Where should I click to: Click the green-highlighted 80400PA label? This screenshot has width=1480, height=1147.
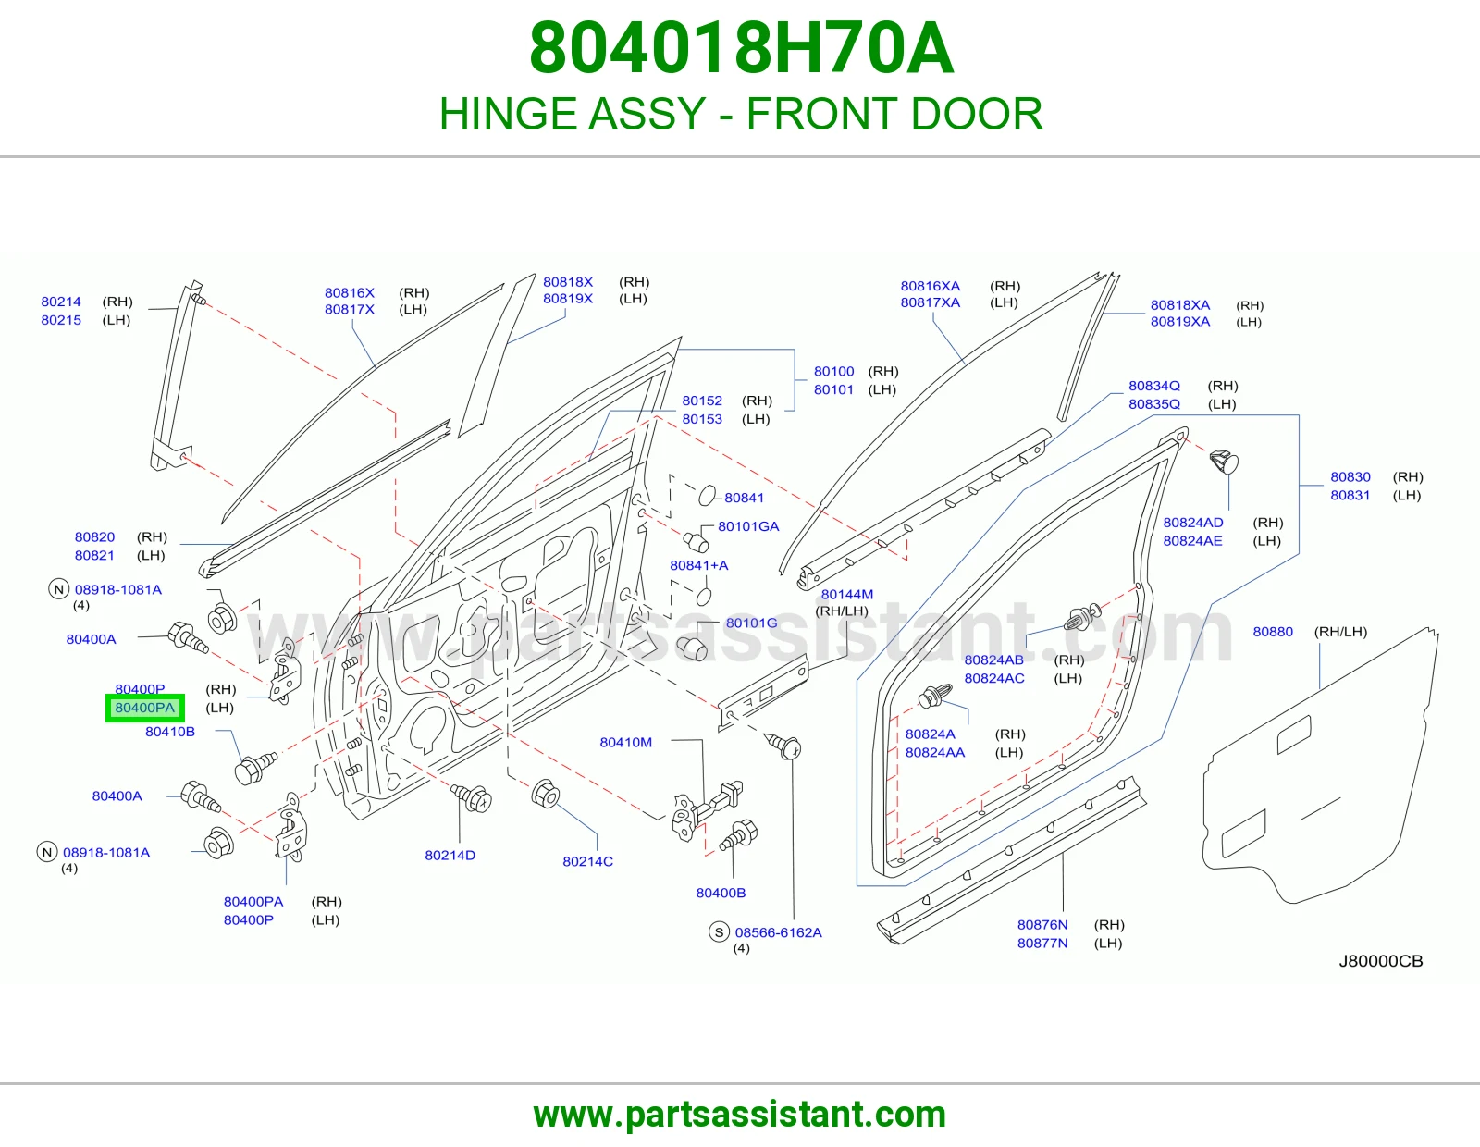click(x=145, y=708)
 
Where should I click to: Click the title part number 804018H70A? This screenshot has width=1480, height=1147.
click(x=741, y=48)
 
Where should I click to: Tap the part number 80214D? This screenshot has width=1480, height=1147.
click(x=450, y=855)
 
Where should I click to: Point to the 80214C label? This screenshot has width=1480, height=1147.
click(x=587, y=861)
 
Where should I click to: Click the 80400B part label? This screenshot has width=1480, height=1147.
click(x=721, y=893)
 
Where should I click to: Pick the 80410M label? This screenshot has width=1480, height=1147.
click(x=626, y=742)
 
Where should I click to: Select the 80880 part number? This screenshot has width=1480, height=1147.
click(x=1273, y=632)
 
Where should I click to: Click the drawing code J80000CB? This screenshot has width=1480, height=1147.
click(x=1380, y=960)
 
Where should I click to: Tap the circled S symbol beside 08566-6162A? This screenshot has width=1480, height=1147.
click(x=720, y=931)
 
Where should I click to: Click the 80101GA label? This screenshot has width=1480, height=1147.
click(x=748, y=525)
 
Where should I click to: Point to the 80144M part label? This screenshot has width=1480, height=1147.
click(x=846, y=594)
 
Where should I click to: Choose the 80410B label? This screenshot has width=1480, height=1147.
click(x=170, y=731)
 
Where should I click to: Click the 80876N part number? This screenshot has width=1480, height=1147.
click(x=1042, y=924)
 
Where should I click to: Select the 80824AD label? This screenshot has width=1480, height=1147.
click(x=1192, y=523)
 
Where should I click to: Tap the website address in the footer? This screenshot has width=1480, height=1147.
click(x=740, y=1115)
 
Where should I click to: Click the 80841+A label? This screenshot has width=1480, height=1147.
click(x=698, y=564)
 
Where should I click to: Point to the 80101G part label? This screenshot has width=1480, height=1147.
click(x=751, y=623)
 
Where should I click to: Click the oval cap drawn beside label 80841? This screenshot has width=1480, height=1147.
click(x=708, y=495)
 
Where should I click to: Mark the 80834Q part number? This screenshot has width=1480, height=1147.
click(x=1153, y=386)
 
